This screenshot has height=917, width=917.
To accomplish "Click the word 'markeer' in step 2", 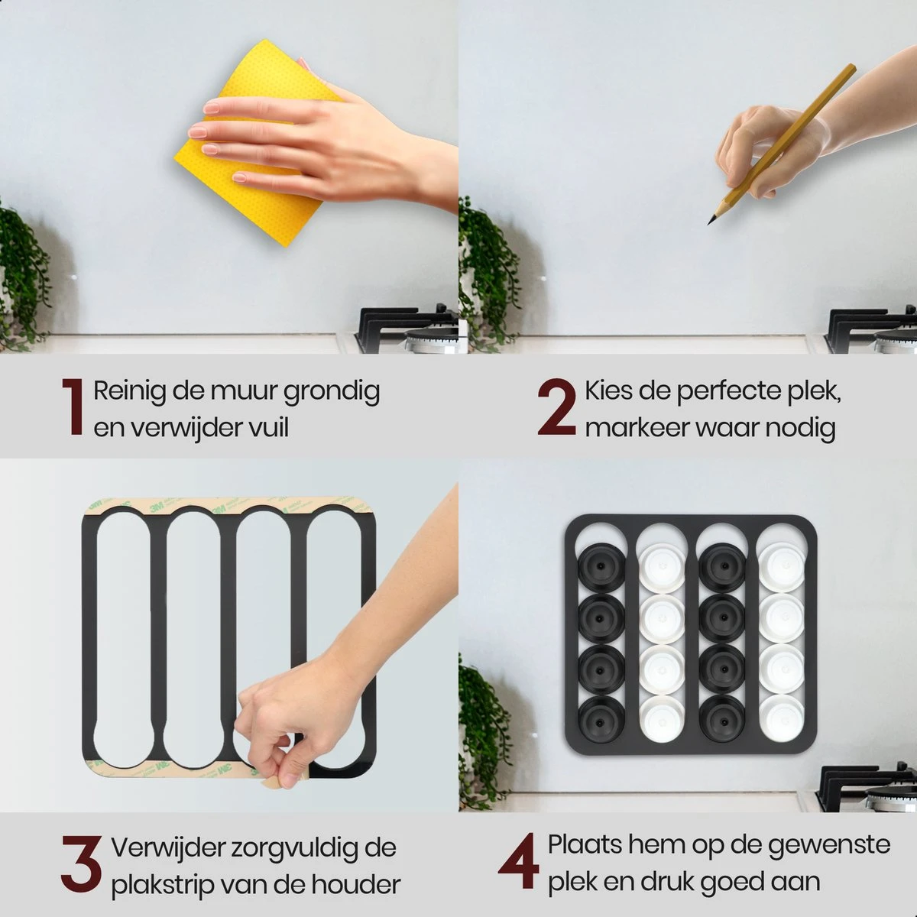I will tap(637, 428).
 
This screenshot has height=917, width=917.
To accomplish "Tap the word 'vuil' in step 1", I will tap(267, 428).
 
